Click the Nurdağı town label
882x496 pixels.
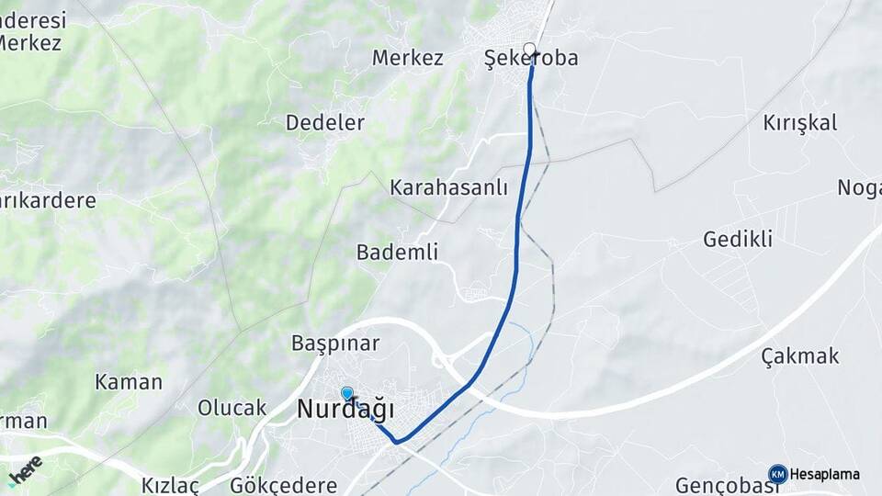pyautogui.click(x=345, y=410)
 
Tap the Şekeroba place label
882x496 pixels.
pyautogui.click(x=531, y=59)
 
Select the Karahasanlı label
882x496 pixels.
pyautogui.click(x=448, y=187)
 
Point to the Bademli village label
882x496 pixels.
pyautogui.click(x=397, y=252)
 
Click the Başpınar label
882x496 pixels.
pyautogui.click(x=335, y=344)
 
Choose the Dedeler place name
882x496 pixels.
pyautogui.click(x=325, y=122)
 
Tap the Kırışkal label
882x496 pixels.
pyautogui.click(x=799, y=123)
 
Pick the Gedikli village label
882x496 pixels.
pyautogui.click(x=738, y=240)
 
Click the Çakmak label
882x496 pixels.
pyautogui.click(x=800, y=356)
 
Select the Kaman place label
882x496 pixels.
pyautogui.click(x=129, y=382)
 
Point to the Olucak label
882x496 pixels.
pyautogui.click(x=232, y=408)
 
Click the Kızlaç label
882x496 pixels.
pyautogui.click(x=170, y=485)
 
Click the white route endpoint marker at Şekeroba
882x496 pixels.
pyautogui.click(x=529, y=49)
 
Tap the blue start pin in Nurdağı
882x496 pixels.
pyautogui.click(x=347, y=394)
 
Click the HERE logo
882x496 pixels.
pyautogui.click(x=25, y=470)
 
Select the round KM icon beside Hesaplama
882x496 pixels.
pyautogui.click(x=777, y=474)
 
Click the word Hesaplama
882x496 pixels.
pyautogui.click(x=825, y=475)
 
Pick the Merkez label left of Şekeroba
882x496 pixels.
pyautogui.click(x=408, y=58)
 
